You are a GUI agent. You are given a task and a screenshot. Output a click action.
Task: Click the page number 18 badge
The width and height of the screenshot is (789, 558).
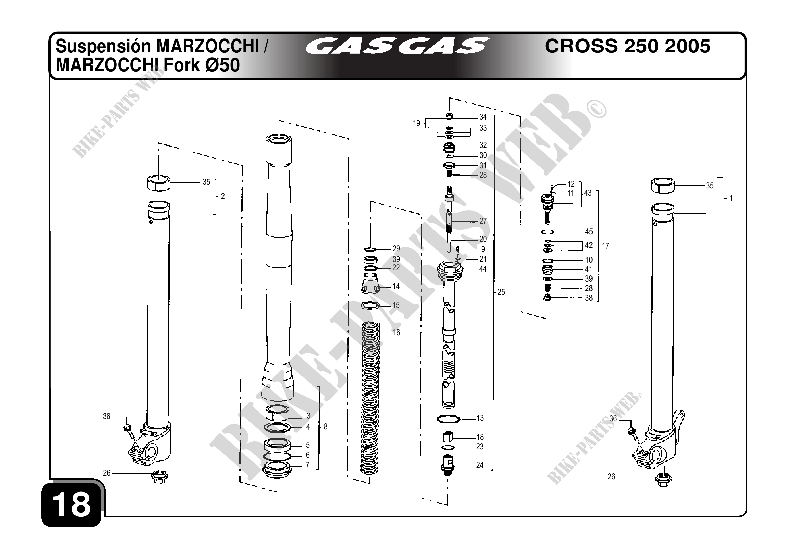pyautogui.click(x=71, y=504)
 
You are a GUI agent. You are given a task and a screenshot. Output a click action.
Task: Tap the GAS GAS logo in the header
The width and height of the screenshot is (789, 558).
pyautogui.click(x=397, y=46)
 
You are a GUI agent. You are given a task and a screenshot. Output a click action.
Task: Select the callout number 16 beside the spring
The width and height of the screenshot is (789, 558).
pyautogui.click(x=396, y=333)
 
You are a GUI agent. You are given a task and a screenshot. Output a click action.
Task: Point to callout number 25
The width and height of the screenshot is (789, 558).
pyautogui.click(x=501, y=292)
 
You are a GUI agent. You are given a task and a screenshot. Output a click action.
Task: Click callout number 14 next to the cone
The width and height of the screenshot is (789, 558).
pyautogui.click(x=396, y=286)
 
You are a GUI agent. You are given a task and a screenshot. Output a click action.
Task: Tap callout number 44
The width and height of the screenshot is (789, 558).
pyautogui.click(x=483, y=269)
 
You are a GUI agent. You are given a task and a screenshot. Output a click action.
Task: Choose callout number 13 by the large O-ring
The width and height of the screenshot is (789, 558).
pyautogui.click(x=480, y=418)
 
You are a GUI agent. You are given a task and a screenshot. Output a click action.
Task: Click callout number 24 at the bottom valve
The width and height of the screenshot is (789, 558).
pyautogui.click(x=480, y=465)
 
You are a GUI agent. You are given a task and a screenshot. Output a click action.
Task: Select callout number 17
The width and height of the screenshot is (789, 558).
pyautogui.click(x=605, y=246)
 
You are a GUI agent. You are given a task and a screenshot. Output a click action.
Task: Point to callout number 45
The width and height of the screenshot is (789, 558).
pyautogui.click(x=589, y=232)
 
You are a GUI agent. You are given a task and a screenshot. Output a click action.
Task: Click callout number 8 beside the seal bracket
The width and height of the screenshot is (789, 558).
pyautogui.click(x=326, y=427)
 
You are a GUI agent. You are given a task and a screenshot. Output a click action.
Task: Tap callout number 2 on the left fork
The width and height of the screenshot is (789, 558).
pyautogui.click(x=223, y=196)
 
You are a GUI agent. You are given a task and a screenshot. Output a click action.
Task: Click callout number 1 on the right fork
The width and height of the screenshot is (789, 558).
pyautogui.click(x=731, y=198)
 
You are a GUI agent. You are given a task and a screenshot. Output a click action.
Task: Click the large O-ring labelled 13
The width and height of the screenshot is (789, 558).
pyautogui.click(x=448, y=419)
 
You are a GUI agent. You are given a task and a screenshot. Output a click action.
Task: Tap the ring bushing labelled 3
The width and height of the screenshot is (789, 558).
pyautogui.click(x=277, y=413)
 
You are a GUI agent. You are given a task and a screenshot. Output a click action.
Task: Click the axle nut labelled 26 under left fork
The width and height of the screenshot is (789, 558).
pyautogui.click(x=159, y=477)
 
